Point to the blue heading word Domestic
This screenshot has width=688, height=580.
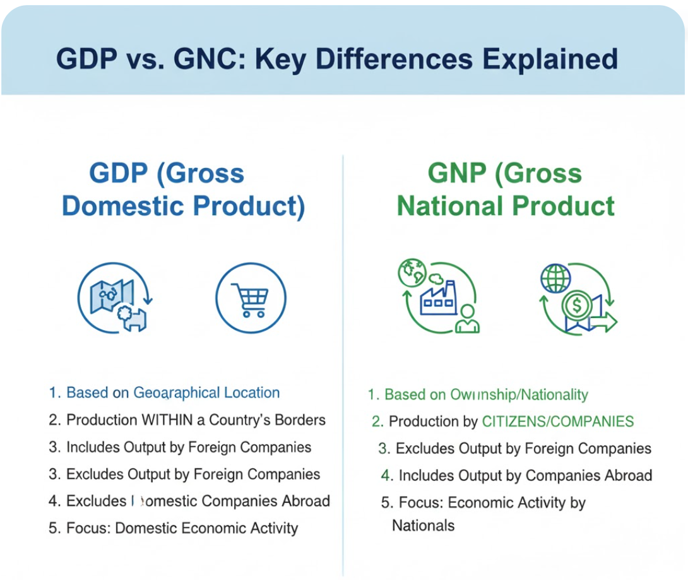click(123, 207)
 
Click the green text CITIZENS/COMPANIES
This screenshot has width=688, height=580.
click(557, 422)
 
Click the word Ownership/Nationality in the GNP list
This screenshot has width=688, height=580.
click(519, 395)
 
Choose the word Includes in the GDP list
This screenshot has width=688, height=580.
click(94, 447)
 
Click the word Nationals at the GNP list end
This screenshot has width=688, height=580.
click(423, 525)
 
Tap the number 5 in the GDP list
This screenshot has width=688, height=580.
click(53, 528)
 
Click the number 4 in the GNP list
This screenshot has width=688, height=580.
click(386, 475)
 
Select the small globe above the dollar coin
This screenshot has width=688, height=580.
click(555, 278)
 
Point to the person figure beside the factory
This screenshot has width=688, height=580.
click(467, 320)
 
